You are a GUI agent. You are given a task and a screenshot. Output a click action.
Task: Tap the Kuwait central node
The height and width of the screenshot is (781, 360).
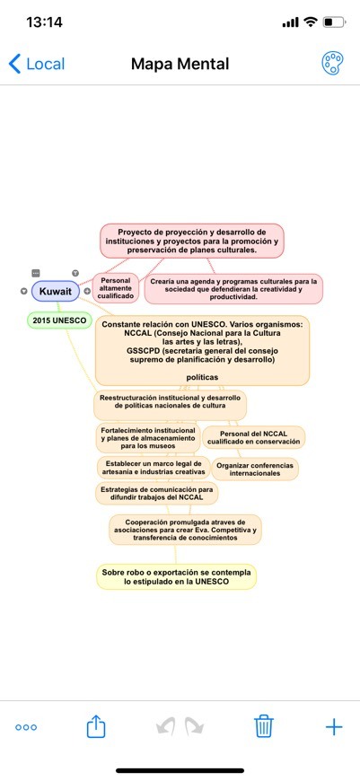pos(56,291)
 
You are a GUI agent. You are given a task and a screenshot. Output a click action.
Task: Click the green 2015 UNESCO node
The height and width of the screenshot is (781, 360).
pos(59,320)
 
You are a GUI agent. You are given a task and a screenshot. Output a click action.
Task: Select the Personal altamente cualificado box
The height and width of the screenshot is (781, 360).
pos(116,288)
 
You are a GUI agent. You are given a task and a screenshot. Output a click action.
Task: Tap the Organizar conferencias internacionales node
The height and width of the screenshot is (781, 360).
pos(255,469)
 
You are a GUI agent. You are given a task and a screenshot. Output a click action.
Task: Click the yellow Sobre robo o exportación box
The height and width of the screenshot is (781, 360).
pos(176,577)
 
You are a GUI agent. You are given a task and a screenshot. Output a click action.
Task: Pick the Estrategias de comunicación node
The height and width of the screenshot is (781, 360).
pos(156,493)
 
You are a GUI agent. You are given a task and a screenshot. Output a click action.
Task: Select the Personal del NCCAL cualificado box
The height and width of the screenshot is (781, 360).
pos(253,437)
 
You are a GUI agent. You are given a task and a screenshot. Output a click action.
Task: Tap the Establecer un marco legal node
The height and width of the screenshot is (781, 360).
pos(153,467)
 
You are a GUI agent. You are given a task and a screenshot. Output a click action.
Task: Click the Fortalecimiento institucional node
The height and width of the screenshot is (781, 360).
pos(147,437)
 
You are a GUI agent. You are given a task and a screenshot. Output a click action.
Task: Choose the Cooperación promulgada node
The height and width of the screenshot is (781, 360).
pos(185,530)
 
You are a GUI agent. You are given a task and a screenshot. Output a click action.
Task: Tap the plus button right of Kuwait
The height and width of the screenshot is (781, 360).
pos(87,291)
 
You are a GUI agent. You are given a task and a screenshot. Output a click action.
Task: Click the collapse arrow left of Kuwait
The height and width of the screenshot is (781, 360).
pos(24,291)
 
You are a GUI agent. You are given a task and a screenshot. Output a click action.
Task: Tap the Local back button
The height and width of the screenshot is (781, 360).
pos(37,65)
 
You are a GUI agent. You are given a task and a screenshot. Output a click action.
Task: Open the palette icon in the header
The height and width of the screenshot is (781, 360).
pos(331,64)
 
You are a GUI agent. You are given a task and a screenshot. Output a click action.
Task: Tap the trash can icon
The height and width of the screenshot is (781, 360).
pos(264,726)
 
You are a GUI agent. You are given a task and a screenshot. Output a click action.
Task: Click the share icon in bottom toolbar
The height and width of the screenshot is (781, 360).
pos(96,726)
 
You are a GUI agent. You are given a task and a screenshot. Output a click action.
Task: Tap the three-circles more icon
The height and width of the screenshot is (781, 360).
pos(26,727)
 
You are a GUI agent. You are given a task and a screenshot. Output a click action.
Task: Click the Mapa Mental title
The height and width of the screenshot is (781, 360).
pos(180,64)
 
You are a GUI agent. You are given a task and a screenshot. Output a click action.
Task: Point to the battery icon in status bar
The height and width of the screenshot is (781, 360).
pos(334,22)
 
